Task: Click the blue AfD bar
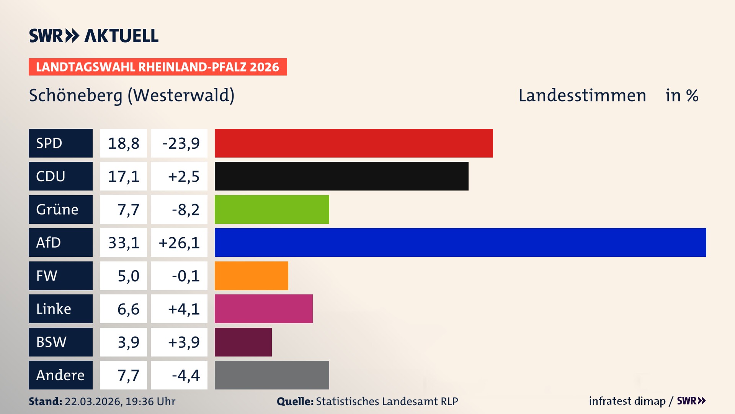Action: [x=460, y=242]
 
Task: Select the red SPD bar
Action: [x=354, y=143]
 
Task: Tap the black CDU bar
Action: [x=341, y=176]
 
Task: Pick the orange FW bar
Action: [x=251, y=276]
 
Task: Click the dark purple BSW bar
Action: [x=243, y=342]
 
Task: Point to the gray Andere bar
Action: [x=272, y=375]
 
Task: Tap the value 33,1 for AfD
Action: [x=123, y=243]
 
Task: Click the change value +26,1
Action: [x=179, y=243]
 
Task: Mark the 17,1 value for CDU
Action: [x=123, y=176]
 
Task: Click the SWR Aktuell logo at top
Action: [x=93, y=36]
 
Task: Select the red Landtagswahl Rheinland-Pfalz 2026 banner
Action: [x=158, y=67]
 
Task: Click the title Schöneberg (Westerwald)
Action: [x=132, y=95]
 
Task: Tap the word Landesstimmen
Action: [x=582, y=95]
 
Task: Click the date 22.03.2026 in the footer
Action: [x=93, y=401]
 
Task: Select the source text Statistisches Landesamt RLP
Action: [x=387, y=401]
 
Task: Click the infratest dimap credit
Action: [x=627, y=401]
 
